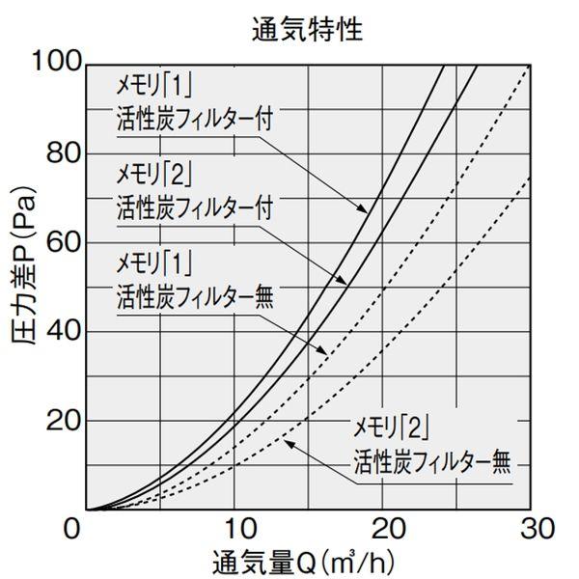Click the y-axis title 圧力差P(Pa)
coord(30,286)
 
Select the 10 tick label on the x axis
coord(234,529)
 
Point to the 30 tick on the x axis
coord(532,529)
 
